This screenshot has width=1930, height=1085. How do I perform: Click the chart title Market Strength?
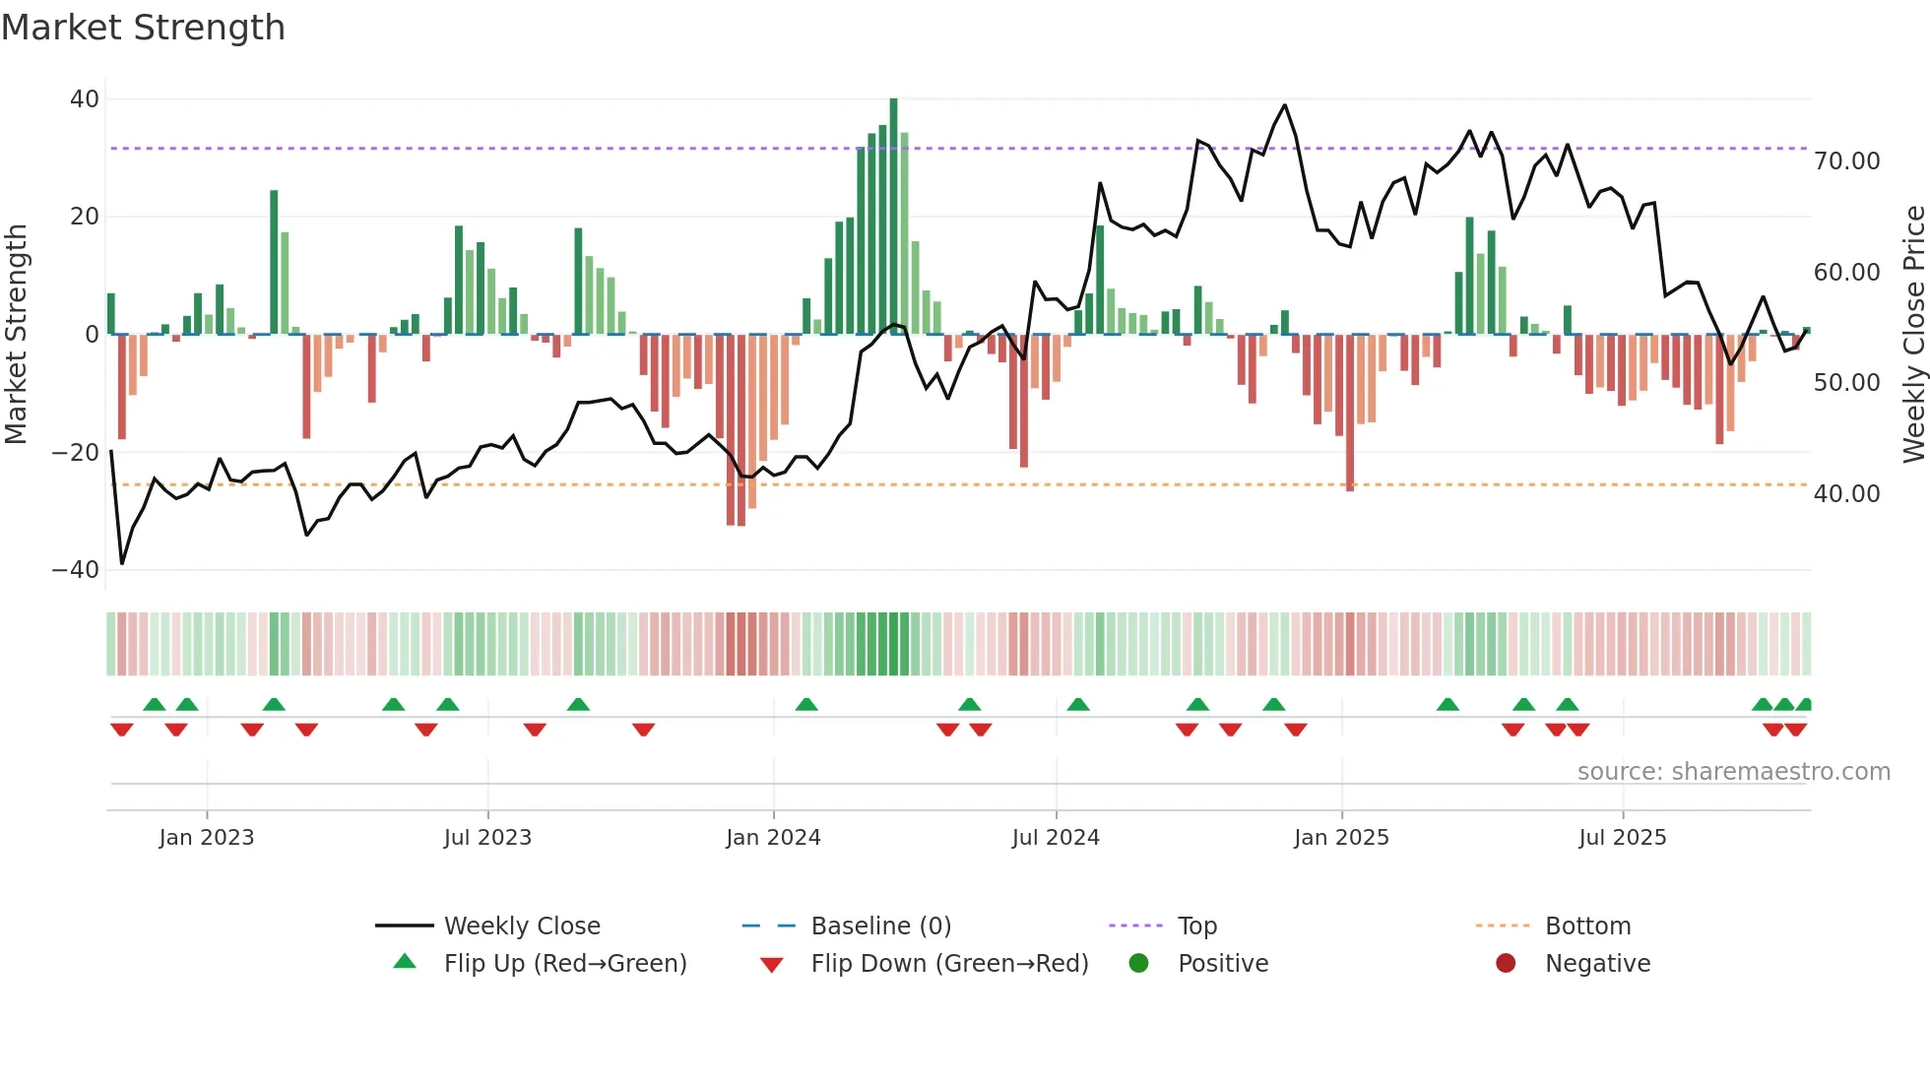[144, 28]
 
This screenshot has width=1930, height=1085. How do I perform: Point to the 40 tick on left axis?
[84, 99]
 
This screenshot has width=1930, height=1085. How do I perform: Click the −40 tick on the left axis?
[76, 570]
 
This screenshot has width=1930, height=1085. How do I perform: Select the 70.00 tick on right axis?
[1847, 161]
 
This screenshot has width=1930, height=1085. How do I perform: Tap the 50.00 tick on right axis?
[1847, 383]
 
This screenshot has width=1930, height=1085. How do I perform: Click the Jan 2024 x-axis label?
[773, 838]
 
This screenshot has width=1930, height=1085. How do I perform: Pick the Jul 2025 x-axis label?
[1622, 838]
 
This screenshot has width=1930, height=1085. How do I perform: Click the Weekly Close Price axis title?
[1913, 335]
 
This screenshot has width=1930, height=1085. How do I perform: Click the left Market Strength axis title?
[17, 335]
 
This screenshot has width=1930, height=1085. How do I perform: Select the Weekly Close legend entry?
[522, 926]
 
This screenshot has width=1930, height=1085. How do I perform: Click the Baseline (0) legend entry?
[880, 926]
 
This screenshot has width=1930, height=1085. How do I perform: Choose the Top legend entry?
[1197, 926]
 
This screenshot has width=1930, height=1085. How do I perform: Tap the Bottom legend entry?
[1587, 926]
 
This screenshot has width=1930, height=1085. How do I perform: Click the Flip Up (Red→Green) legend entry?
[565, 964]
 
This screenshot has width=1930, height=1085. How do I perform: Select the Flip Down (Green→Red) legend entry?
[949, 964]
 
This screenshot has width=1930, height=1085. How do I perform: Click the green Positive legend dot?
[1138, 964]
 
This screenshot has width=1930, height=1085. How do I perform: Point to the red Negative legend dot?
[1506, 964]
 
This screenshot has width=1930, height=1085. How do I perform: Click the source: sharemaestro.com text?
[1733, 772]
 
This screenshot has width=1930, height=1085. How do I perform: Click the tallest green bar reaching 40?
[893, 217]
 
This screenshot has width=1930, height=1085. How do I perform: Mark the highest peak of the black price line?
[1284, 105]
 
